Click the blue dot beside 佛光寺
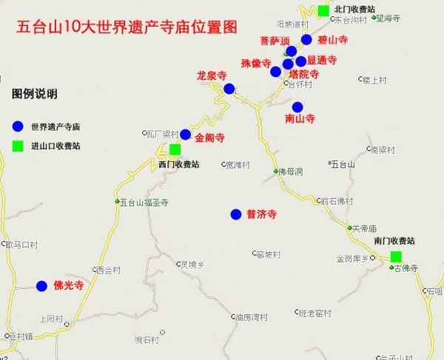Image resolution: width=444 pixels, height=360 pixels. pos(41,285)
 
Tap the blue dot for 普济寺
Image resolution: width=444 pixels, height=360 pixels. pos(236,214)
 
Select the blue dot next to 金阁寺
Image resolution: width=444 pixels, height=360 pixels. pos(185,135)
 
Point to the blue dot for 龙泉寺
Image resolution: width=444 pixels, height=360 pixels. pos(229,89)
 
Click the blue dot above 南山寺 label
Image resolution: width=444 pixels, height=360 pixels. pos(297,106)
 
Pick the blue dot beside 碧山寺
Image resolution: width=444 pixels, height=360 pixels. pos(307,39)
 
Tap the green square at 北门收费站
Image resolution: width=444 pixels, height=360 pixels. pos(323,10)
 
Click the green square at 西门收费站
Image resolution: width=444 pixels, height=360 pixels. pos(175,149)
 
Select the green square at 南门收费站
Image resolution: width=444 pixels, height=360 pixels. pos(396,257)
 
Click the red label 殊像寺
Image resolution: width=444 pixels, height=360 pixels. pos(256,64)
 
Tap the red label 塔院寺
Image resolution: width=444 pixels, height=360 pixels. pos(304,74)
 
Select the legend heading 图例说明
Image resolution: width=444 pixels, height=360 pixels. pos(35,95)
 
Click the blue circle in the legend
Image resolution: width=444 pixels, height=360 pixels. pos(17,126)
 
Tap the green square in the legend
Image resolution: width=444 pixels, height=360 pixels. pos(17,146)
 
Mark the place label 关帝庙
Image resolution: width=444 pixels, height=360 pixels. pos(368,228)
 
